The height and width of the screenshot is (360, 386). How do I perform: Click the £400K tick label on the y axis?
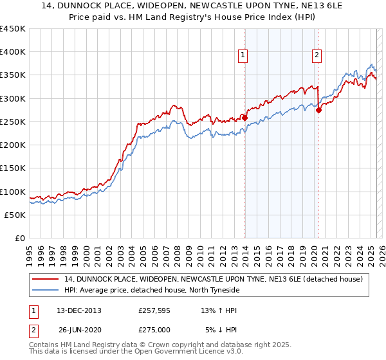(x=13, y=52)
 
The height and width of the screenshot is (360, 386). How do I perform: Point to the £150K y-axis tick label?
(x=13, y=168)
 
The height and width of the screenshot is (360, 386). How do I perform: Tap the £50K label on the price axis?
(x=15, y=215)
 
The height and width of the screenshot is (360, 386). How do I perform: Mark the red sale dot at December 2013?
(x=244, y=118)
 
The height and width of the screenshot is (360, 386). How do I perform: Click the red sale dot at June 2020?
(x=318, y=110)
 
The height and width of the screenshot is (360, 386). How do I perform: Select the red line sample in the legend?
(x=46, y=279)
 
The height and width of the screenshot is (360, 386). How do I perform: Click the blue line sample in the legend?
(x=46, y=290)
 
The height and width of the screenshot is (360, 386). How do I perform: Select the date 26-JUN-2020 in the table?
(x=78, y=330)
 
